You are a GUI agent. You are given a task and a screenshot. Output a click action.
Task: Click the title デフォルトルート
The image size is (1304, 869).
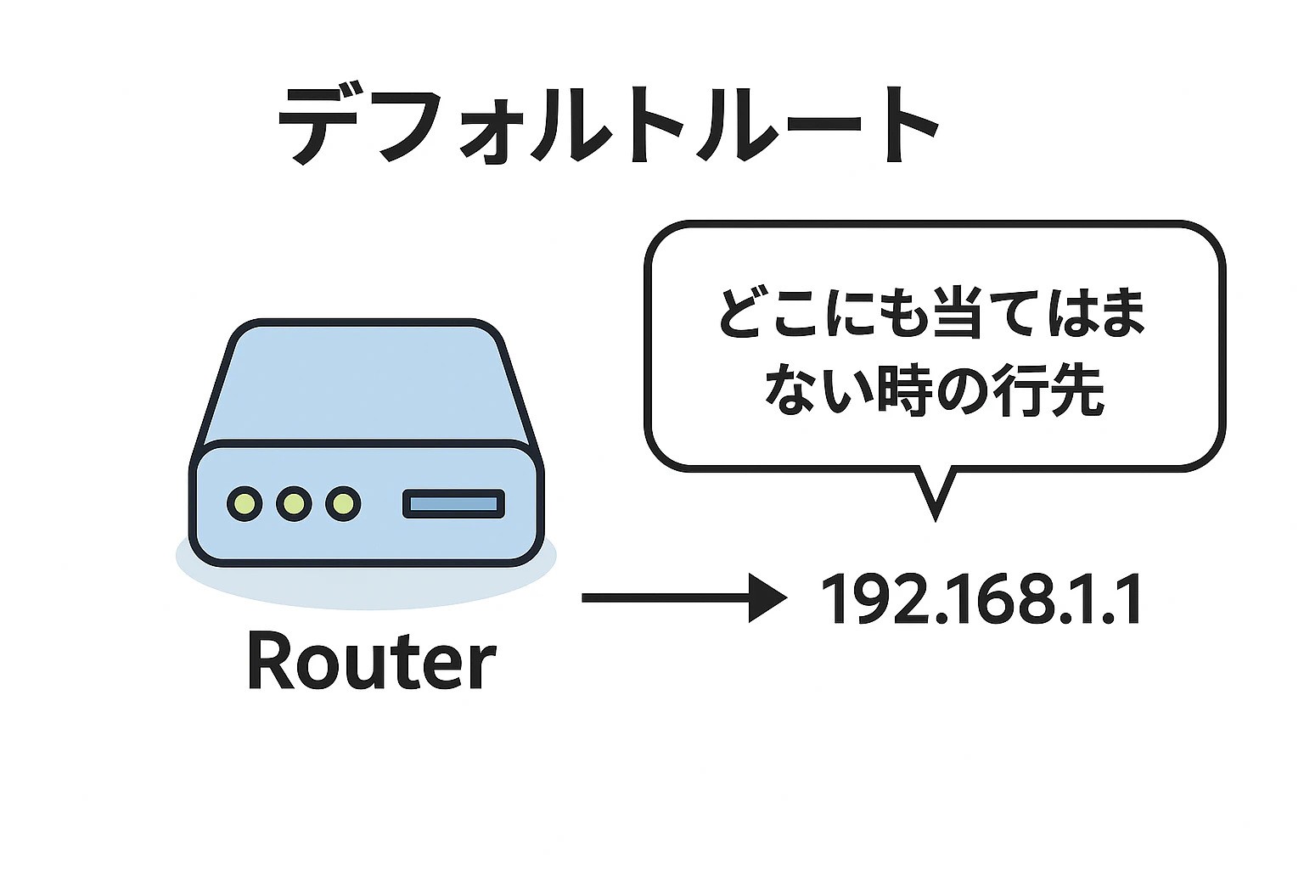click(609, 126)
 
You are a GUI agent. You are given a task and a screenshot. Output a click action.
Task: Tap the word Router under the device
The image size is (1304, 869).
click(372, 663)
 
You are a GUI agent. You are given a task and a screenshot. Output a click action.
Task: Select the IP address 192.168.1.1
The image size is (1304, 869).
click(982, 598)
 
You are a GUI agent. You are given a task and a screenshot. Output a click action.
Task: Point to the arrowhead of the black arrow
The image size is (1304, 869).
click(767, 597)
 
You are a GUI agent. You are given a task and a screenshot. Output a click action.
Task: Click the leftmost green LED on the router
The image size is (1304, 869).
click(244, 503)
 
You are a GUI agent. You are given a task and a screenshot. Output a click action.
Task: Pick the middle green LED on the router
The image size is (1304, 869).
click(294, 503)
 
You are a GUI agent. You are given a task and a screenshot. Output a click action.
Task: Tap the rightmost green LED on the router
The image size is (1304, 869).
click(344, 503)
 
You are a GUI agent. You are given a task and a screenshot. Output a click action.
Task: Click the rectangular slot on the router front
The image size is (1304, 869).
click(454, 503)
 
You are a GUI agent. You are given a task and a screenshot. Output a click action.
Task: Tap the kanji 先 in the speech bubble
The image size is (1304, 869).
click(1077, 390)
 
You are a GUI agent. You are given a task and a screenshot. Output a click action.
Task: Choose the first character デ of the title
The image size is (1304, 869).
click(318, 126)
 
